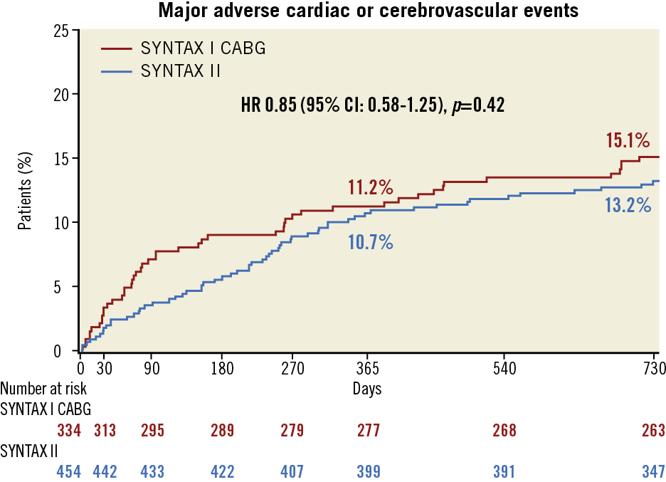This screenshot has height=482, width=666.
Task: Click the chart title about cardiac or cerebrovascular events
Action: pyautogui.click(x=368, y=11)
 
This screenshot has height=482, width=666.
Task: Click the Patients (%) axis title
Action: pyautogui.click(x=25, y=190)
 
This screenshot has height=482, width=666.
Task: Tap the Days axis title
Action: pyautogui.click(x=367, y=389)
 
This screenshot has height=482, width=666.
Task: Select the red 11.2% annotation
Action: pyautogui.click(x=371, y=188)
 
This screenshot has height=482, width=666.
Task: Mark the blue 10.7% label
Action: pyautogui.click(x=371, y=241)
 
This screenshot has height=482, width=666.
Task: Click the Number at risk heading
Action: pyautogui.click(x=43, y=389)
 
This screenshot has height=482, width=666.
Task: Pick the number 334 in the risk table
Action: pyautogui.click(x=69, y=430)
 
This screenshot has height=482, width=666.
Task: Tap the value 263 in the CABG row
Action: pyautogui.click(x=652, y=430)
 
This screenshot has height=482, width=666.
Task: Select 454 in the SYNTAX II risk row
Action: pyautogui.click(x=69, y=471)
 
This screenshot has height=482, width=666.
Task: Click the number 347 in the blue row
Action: pyautogui.click(x=652, y=471)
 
